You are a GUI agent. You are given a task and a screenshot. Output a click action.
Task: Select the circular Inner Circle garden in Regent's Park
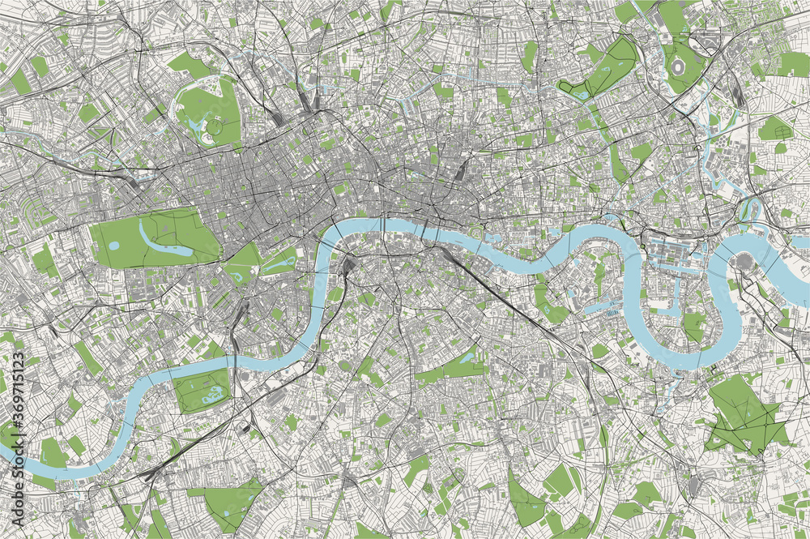tap(214, 126)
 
